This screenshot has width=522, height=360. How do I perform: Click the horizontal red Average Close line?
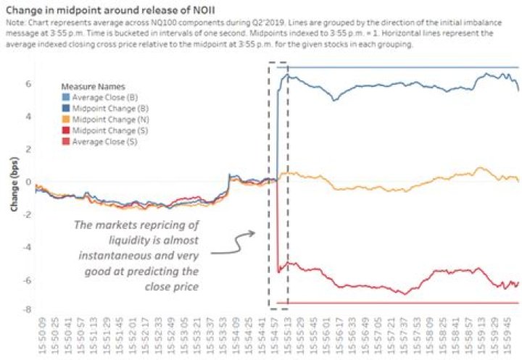399,302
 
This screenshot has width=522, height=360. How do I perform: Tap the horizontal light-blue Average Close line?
399,67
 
